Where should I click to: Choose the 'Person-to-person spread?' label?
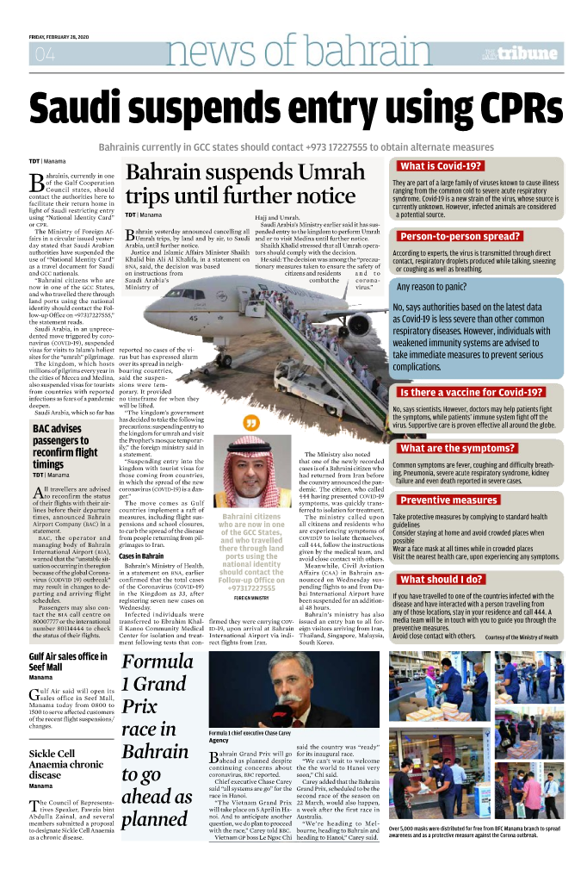(x=460, y=236)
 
